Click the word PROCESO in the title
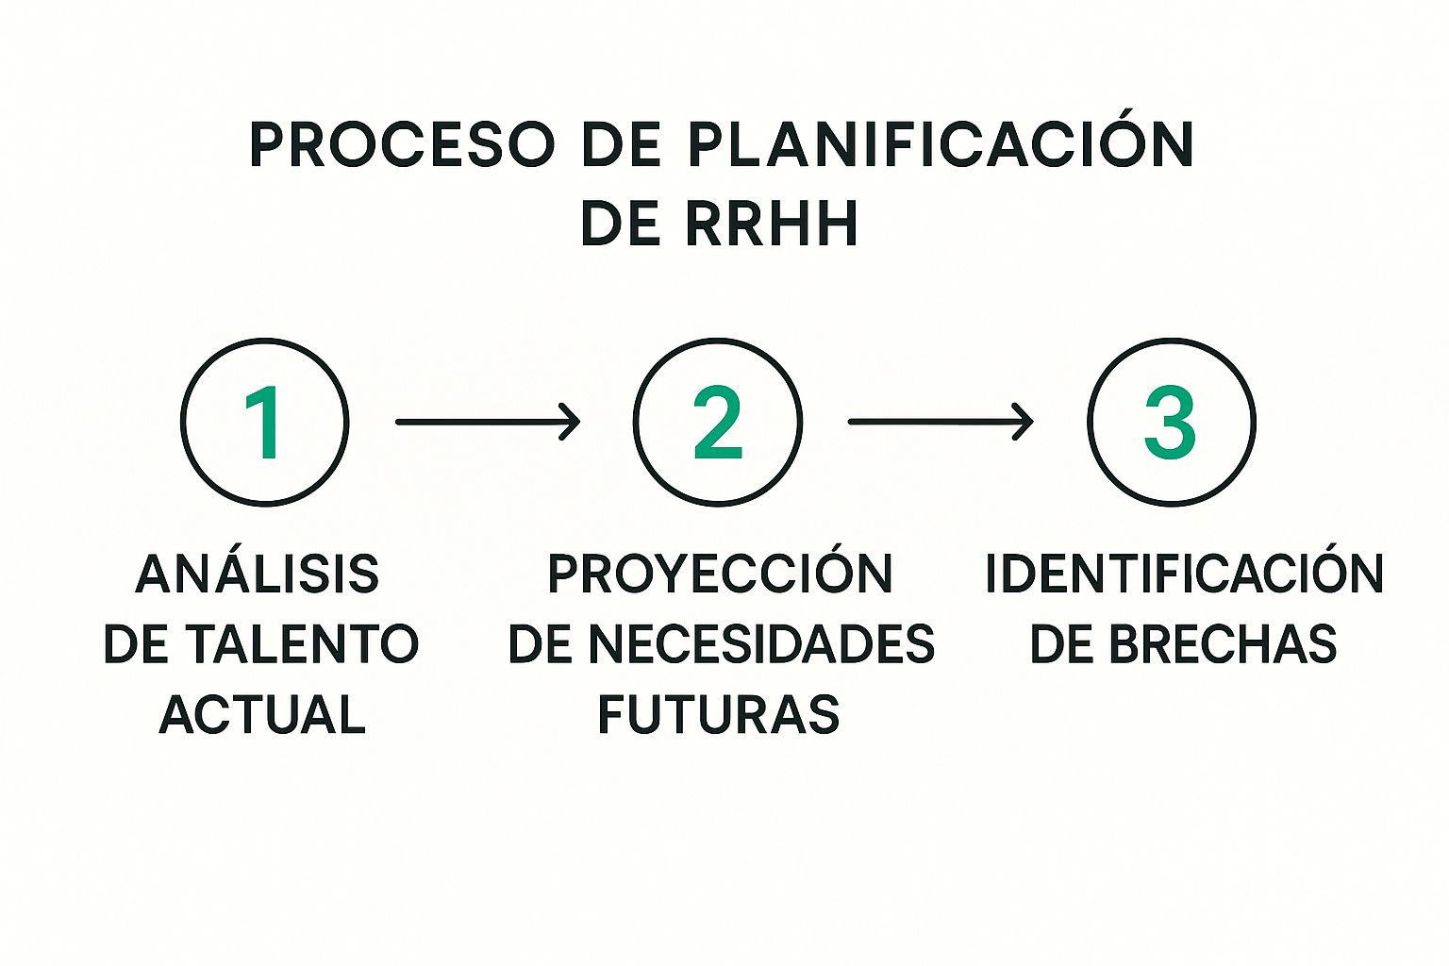402,146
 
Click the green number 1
263,423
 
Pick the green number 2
718,423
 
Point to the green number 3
1171,423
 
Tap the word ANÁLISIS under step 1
257,575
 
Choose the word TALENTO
301,644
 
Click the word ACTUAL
262,714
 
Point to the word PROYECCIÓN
720,575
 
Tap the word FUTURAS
719,714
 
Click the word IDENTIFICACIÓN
1184,575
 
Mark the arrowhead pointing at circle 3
1024,422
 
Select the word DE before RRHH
619,225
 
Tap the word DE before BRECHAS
1061,644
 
